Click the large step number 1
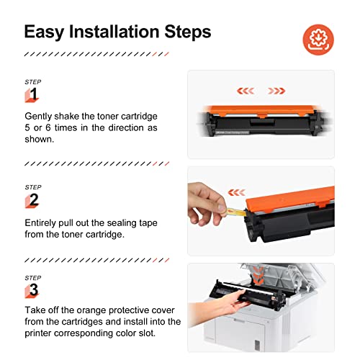[x=33, y=95]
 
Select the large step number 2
[x=33, y=199]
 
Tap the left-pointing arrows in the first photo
[x=246, y=91]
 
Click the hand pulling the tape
[x=204, y=209]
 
